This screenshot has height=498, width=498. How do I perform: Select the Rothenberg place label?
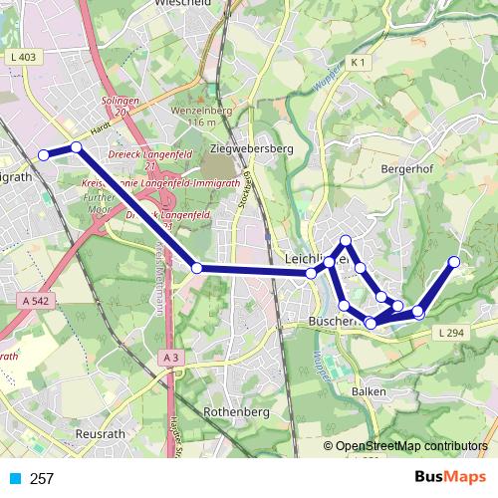pos(231,409)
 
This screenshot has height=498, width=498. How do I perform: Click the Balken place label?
pos(369,391)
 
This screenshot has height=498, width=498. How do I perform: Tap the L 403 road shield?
pos(28,58)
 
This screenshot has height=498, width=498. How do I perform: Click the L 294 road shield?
pos(450,333)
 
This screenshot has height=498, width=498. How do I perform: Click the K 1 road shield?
pos(360,63)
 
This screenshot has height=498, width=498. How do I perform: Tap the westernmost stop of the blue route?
pos(43,154)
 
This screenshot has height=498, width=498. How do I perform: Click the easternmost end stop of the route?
pos(454,262)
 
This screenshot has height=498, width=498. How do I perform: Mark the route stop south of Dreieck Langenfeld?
pos(197,268)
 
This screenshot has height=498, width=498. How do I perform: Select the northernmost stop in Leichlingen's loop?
pos(346,240)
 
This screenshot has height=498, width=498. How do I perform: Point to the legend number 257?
pos(42,479)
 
